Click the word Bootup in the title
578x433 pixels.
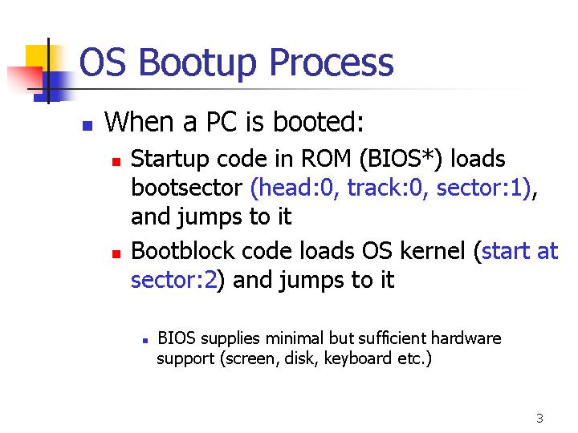[197, 63]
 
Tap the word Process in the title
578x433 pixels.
[332, 63]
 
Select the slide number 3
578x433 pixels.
[539, 419]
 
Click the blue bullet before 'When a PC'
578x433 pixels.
[88, 126]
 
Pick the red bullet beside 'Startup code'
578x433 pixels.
[116, 162]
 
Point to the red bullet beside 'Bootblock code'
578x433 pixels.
[116, 254]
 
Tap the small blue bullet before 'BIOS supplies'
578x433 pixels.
[145, 341]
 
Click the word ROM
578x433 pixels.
[326, 159]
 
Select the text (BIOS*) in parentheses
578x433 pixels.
[401, 160]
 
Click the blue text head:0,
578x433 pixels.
[292, 188]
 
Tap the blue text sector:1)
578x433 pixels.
[484, 188]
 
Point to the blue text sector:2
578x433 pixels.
[173, 280]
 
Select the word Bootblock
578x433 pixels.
[182, 251]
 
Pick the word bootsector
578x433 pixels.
[186, 188]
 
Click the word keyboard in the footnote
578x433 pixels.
[357, 358]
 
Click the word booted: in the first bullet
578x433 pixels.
[318, 122]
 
